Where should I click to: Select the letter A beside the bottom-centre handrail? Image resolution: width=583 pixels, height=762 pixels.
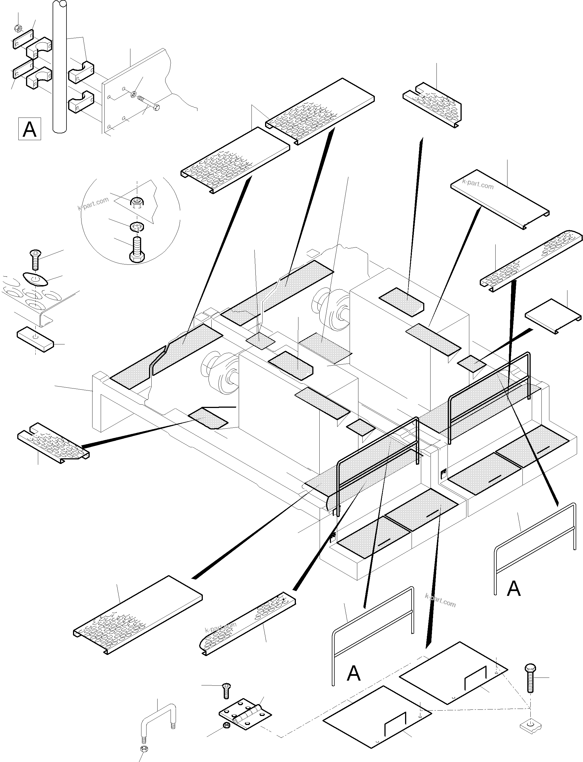[x=353, y=673]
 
